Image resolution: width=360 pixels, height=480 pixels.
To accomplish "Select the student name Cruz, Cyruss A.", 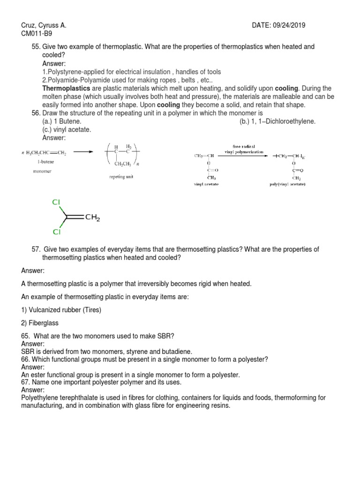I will coord(44,25).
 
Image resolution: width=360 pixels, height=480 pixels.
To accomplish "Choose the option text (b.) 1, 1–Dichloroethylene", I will coord(277,121).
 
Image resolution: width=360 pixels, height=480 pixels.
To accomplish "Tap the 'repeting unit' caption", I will coord(122,178).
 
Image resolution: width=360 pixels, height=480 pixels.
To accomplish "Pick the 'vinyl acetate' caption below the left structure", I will coord(206,184).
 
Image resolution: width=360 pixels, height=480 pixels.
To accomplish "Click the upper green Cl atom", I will coord(56,202).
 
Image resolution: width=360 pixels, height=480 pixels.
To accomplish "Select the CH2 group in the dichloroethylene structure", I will coord(92,217).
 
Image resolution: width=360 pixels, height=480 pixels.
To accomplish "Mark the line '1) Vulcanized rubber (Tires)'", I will coord(61,310).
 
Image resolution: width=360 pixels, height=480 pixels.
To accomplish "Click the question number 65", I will coord(25,336).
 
